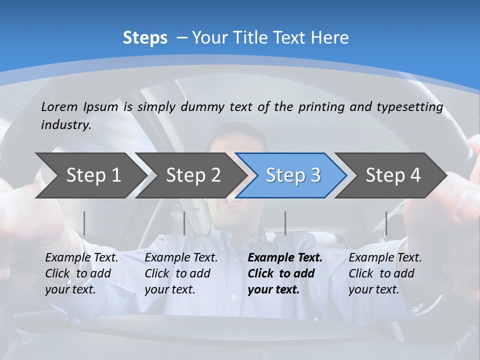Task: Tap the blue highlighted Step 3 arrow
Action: pyautogui.click(x=293, y=175)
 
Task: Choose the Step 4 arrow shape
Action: pyautogui.click(x=393, y=175)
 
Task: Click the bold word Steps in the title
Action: pyautogui.click(x=145, y=38)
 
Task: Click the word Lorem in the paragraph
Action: pyautogui.click(x=59, y=107)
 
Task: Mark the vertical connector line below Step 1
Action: pyautogui.click(x=84, y=223)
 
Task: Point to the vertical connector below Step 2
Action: pyautogui.click(x=184, y=223)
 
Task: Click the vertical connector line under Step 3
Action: pyautogui.click(x=285, y=223)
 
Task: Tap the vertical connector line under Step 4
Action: pyautogui.click(x=386, y=223)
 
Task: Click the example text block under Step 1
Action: pyautogui.click(x=81, y=273)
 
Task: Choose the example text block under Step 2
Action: pyautogui.click(x=180, y=273)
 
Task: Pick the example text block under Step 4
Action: pyautogui.click(x=384, y=273)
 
